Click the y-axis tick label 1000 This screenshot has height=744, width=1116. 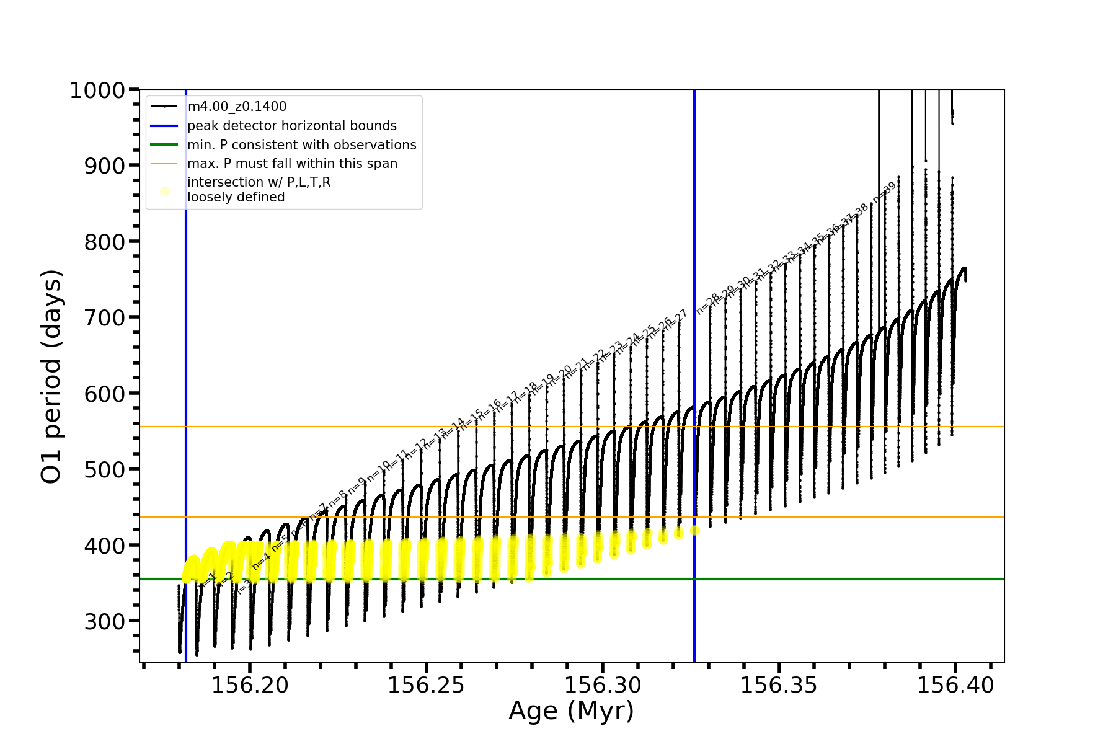[97, 91]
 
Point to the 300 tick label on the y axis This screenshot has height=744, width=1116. [104, 621]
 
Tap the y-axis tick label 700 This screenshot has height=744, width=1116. [104, 317]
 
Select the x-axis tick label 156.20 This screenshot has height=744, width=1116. [250, 685]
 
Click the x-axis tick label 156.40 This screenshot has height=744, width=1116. [955, 685]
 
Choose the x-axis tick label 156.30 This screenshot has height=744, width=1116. [602, 685]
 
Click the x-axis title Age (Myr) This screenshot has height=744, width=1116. [571, 711]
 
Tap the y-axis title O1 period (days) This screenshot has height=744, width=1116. [51, 376]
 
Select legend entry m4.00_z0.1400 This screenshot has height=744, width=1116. [237, 107]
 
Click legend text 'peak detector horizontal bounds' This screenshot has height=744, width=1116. [291, 126]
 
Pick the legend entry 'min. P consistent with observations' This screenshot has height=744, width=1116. [301, 144]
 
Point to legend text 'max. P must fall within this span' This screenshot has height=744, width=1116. [292, 164]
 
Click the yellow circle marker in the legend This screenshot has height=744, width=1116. [164, 191]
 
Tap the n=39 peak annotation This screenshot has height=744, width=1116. [885, 192]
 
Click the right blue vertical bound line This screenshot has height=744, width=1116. [694, 186]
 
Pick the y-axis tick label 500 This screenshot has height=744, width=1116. [104, 469]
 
